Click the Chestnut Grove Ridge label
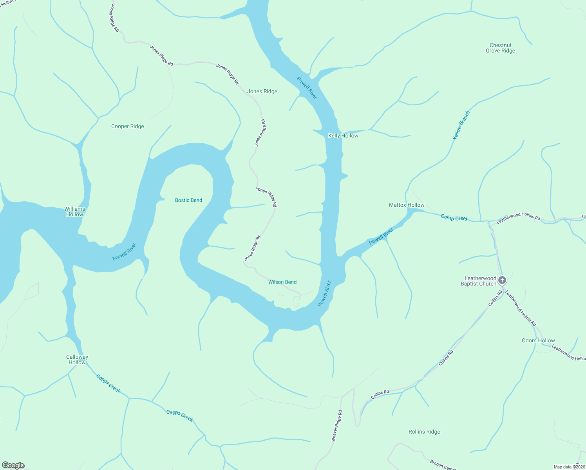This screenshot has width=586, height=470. (500, 48)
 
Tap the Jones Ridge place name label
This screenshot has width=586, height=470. (262, 92)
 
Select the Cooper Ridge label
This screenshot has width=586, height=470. (127, 127)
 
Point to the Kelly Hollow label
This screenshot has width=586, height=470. (343, 136)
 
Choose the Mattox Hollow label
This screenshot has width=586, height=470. (407, 205)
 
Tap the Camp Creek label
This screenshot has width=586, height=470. (454, 218)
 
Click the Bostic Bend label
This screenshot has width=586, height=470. (188, 201)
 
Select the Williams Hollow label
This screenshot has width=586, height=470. (75, 212)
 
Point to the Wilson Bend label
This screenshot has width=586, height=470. (282, 282)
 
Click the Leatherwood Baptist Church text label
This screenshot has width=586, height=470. (478, 281)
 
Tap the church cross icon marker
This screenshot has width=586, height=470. (502, 280)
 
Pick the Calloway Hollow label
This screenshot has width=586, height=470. (77, 360)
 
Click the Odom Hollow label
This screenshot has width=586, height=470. (538, 341)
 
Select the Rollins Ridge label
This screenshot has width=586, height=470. (424, 432)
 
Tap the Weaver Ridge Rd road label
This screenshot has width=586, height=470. (337, 426)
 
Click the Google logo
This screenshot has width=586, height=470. (13, 465)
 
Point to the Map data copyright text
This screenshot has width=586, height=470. (569, 467)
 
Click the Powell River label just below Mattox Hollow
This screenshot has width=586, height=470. (381, 237)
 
